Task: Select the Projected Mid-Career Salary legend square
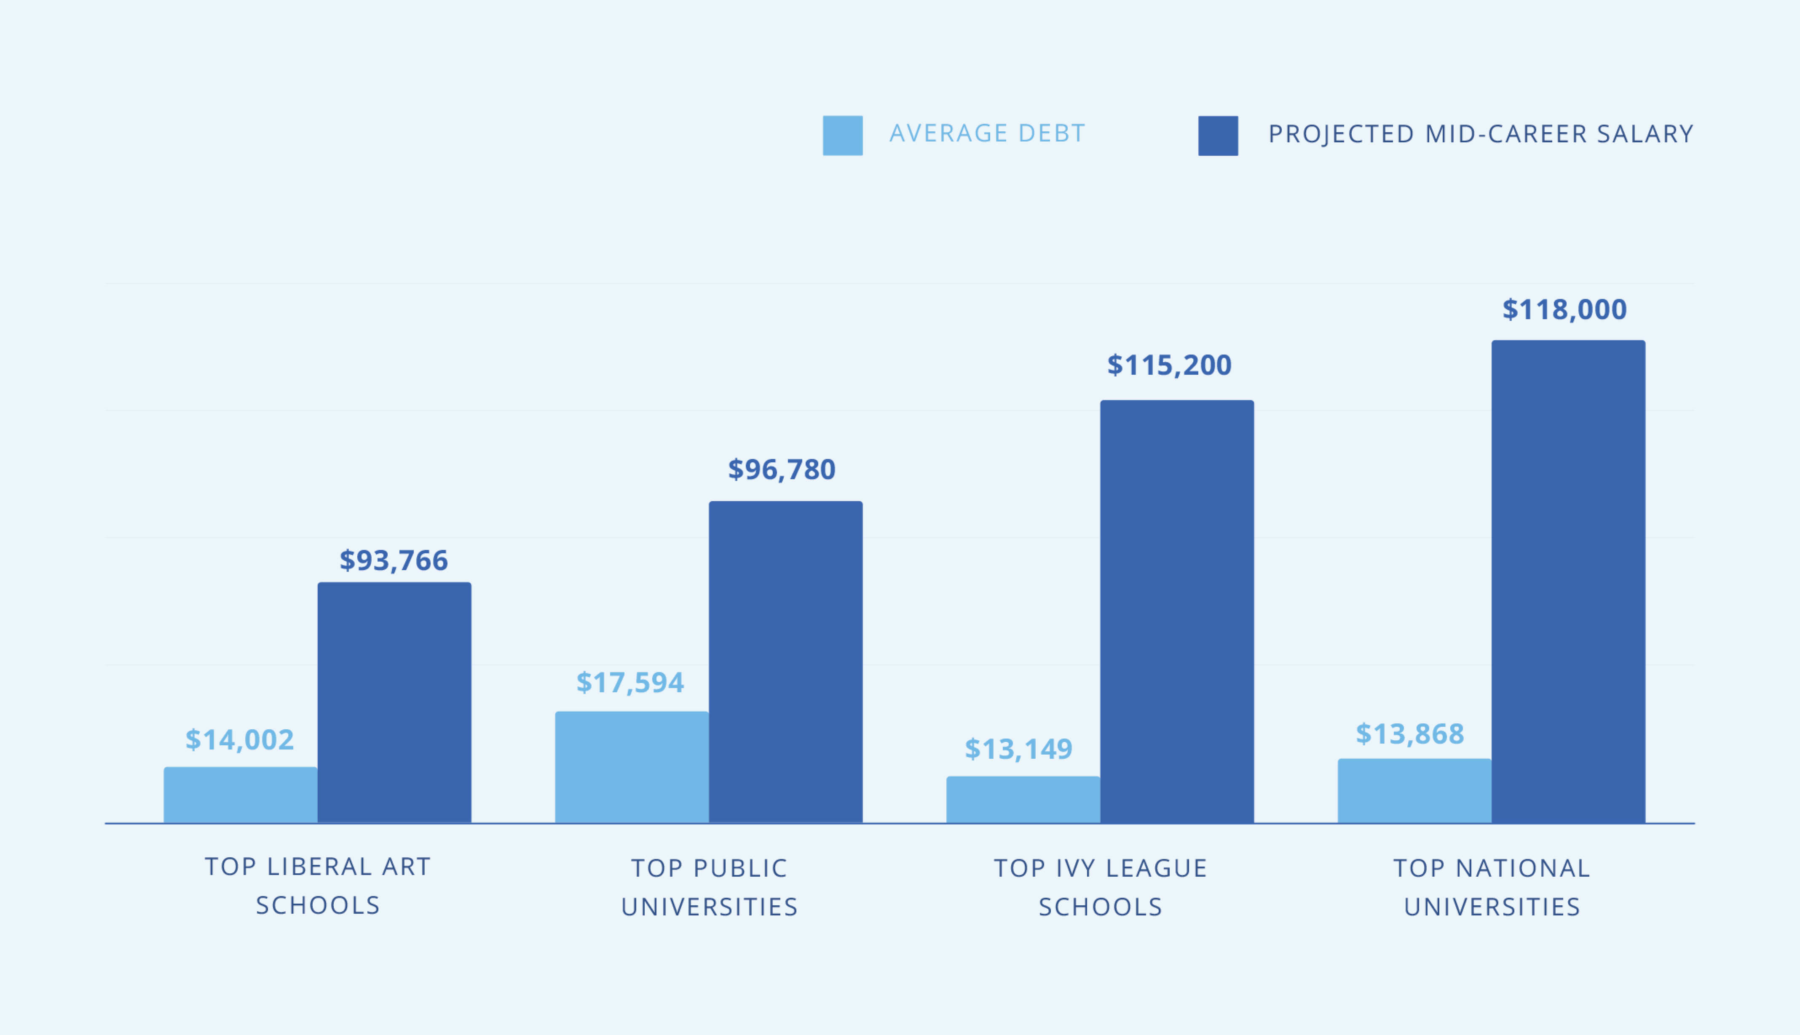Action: click(x=1218, y=135)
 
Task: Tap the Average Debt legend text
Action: click(x=987, y=133)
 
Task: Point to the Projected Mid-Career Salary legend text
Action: click(x=1481, y=133)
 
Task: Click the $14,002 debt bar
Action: click(x=241, y=794)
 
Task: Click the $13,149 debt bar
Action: click(x=1023, y=799)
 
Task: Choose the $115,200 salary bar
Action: click(x=1176, y=611)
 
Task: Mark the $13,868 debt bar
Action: click(x=1414, y=790)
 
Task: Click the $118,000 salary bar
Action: click(x=1568, y=582)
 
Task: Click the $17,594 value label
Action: click(x=630, y=683)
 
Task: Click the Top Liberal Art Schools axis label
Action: click(x=318, y=886)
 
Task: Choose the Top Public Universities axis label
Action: click(x=709, y=887)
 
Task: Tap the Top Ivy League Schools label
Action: click(x=1100, y=887)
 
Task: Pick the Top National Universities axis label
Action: click(x=1491, y=887)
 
